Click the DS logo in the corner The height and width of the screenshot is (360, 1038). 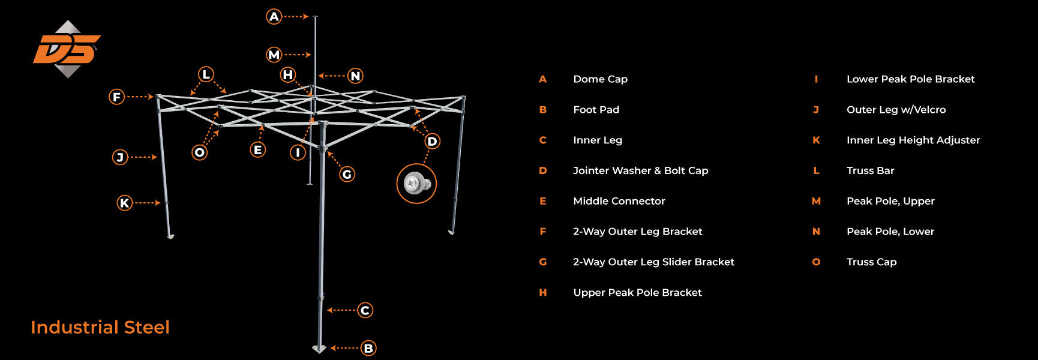click(67, 49)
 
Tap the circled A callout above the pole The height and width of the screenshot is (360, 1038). click(274, 17)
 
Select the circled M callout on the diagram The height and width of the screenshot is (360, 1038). click(274, 55)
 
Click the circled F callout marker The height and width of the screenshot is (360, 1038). click(117, 97)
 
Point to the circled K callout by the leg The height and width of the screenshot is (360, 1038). click(125, 203)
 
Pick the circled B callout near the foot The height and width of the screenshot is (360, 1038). click(368, 348)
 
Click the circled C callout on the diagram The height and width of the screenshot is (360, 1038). click(365, 310)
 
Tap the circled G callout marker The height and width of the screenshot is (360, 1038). click(347, 175)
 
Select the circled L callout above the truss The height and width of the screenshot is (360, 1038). click(206, 74)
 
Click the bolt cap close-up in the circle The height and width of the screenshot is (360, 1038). click(416, 184)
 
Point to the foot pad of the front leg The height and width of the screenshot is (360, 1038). click(319, 349)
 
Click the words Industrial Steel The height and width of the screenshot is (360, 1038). click(100, 327)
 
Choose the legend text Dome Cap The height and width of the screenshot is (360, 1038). click(600, 79)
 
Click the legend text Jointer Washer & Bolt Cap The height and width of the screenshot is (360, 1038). click(640, 170)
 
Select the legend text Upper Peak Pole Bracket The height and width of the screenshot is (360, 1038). click(637, 292)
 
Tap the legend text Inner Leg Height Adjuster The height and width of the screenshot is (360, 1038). click(913, 140)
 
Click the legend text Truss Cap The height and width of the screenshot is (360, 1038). click(871, 262)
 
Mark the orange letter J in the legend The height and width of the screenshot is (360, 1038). click(816, 110)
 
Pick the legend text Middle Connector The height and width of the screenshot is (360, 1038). click(619, 201)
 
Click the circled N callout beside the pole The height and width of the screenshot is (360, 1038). click(355, 76)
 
